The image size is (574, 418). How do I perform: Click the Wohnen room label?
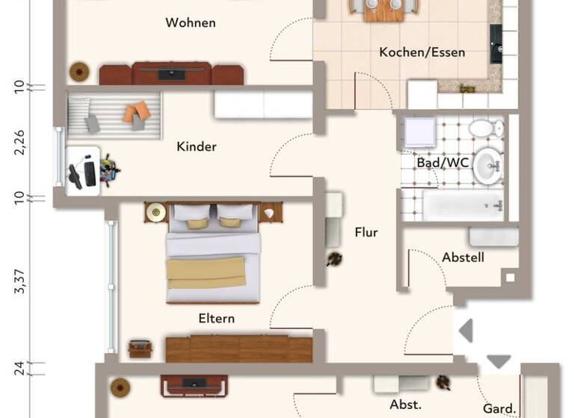click(191, 22)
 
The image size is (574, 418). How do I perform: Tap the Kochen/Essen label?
click(422, 52)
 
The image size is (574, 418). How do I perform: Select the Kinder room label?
click(197, 146)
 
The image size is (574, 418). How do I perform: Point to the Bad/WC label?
click(437, 162)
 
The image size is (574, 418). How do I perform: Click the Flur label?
click(365, 232)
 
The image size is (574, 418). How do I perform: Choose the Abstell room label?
click(463, 258)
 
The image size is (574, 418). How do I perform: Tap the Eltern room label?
click(216, 319)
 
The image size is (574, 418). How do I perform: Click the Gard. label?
click(499, 408)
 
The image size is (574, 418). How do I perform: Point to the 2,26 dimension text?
click(20, 142)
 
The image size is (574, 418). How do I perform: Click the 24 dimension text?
click(20, 368)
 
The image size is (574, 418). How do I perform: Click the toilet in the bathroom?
click(481, 128)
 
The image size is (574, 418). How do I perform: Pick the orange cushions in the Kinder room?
click(137, 113)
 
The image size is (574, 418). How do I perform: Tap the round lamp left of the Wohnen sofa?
click(79, 72)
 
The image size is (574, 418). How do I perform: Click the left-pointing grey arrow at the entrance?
click(466, 330)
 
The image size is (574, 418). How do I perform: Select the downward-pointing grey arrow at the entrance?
click(499, 362)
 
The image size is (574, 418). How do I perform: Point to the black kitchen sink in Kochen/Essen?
click(496, 43)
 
